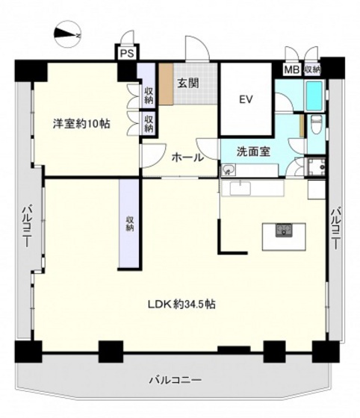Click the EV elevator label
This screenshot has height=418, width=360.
(x=246, y=100)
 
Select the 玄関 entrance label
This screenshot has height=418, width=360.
(x=187, y=84)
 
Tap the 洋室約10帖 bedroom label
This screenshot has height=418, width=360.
(x=81, y=124)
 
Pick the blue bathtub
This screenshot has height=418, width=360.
(x=314, y=96)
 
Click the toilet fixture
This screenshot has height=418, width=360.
(x=314, y=124)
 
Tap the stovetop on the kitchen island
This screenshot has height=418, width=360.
(x=284, y=230)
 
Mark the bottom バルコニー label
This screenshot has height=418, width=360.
(x=174, y=381)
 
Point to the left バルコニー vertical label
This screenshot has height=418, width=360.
(x=25, y=224)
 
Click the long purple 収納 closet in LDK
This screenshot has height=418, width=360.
(x=128, y=223)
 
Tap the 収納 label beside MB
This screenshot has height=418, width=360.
(x=311, y=69)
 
